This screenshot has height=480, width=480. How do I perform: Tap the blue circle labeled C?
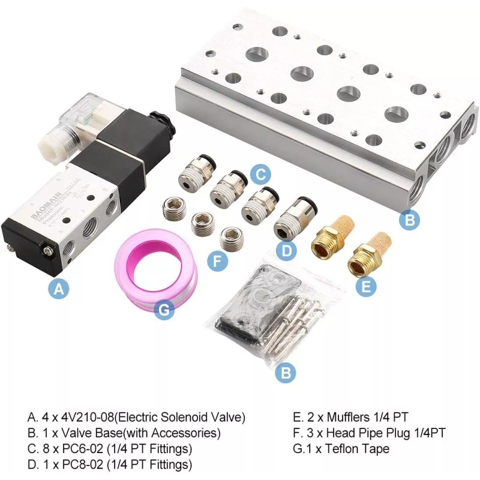tap(259, 175)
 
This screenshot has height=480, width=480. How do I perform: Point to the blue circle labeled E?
tap(367, 286)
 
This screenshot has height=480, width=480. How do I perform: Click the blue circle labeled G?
tap(164, 310)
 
